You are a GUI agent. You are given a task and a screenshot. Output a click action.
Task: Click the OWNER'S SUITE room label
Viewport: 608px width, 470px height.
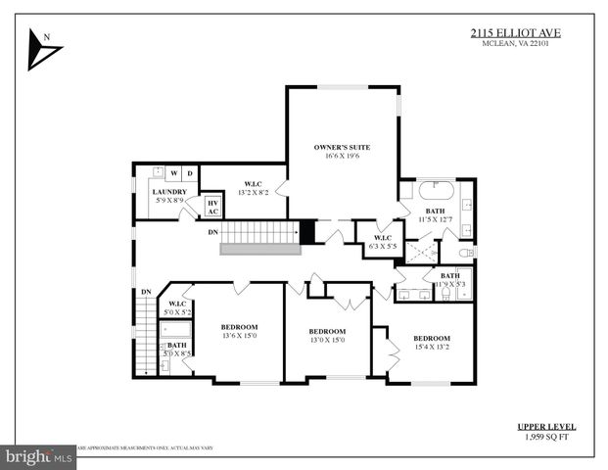[342, 146]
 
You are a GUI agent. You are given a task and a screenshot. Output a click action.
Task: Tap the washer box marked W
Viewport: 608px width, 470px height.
[172, 173]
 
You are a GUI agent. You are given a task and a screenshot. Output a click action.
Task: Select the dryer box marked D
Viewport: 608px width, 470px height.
[190, 173]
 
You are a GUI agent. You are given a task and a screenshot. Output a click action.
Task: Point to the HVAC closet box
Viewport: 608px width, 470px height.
[212, 206]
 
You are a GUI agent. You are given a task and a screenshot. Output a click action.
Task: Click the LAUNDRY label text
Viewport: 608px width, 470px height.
[168, 192]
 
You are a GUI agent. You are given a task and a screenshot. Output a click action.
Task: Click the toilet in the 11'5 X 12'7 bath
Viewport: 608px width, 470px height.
[467, 253]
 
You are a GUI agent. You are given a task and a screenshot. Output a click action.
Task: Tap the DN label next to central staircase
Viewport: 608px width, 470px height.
[213, 232]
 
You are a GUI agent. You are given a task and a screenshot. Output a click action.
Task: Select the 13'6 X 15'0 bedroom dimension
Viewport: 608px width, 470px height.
[238, 336]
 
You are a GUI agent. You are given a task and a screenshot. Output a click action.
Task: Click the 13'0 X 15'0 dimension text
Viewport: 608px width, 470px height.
[327, 341]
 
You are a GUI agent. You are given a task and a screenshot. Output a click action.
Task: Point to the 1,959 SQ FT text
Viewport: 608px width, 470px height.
[546, 438]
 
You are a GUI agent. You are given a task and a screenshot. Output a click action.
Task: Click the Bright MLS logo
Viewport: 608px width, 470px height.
[39, 456]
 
